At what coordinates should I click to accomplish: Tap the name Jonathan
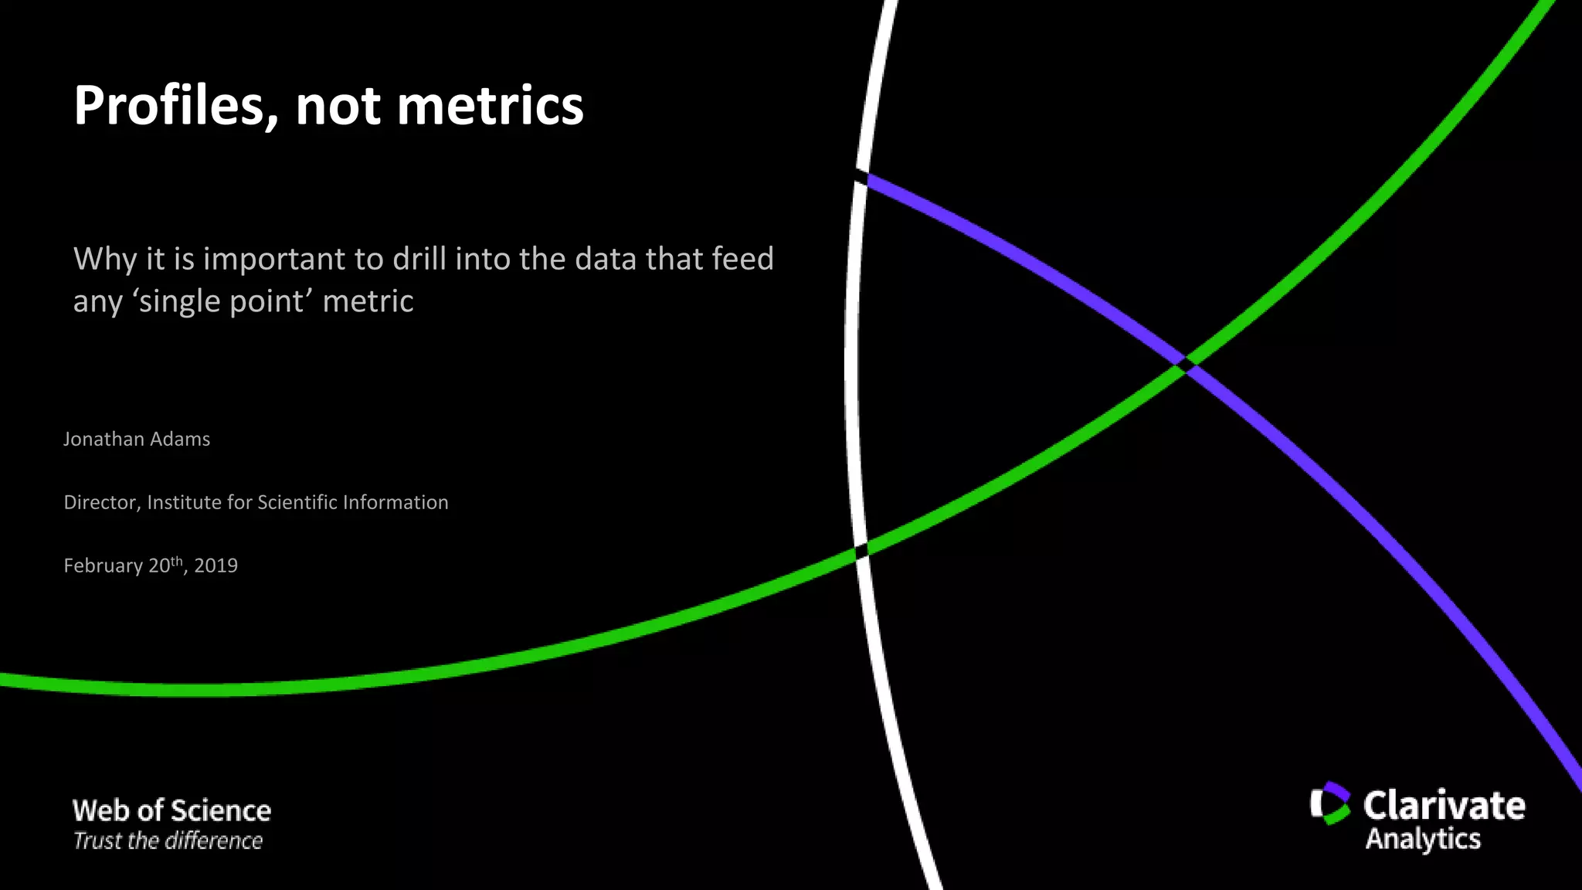pyautogui.click(x=104, y=439)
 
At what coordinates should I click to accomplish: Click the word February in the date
pyautogui.click(x=103, y=566)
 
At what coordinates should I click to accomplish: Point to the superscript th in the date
pyautogui.click(x=177, y=560)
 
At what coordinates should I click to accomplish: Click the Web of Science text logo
pyautogui.click(x=171, y=810)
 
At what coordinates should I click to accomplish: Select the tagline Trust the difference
pyautogui.click(x=168, y=841)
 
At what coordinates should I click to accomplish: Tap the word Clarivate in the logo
pyautogui.click(x=1444, y=805)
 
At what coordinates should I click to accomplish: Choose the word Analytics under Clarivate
pyautogui.click(x=1423, y=839)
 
